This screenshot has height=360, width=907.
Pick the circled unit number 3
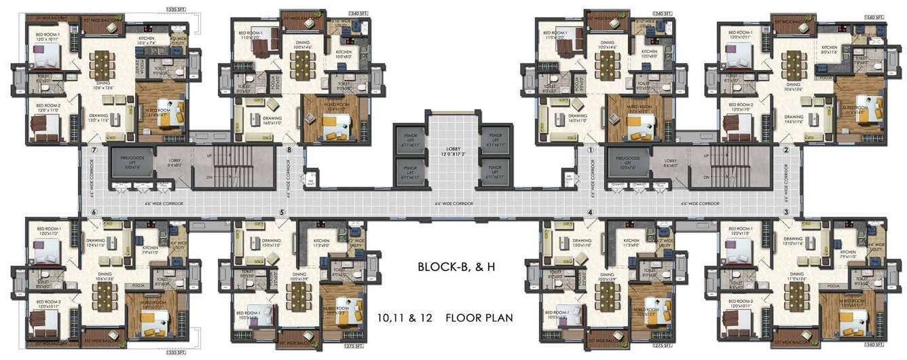pos(785,212)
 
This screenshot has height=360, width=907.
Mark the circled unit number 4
pos(591,212)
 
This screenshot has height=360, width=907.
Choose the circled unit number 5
pos(281,212)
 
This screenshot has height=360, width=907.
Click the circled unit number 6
pos(94,212)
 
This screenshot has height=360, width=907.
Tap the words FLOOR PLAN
pos(479,317)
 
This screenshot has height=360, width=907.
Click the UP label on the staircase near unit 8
pos(210,156)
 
